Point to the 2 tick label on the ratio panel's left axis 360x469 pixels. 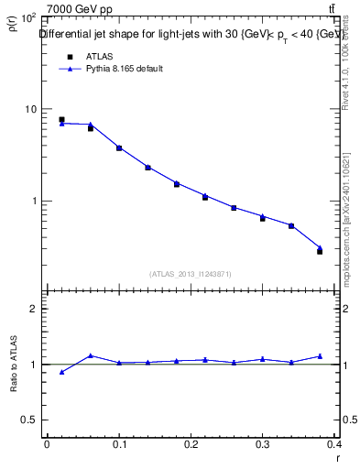[34, 310]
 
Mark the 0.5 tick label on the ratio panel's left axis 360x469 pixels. [29, 420]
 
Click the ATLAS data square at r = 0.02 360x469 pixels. [61, 119]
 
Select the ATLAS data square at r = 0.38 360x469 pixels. [320, 251]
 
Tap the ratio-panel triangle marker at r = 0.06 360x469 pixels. [91, 355]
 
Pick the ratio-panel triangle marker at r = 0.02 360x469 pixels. [61, 372]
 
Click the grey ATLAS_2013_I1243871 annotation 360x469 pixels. [190, 274]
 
